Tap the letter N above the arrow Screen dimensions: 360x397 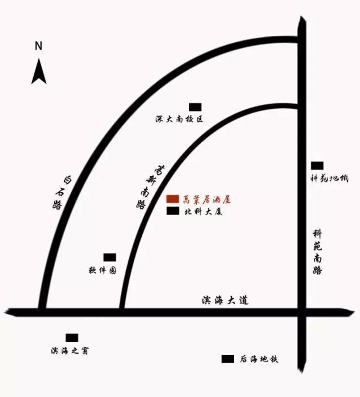(x=38, y=46)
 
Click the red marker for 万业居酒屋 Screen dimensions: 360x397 (x=173, y=199)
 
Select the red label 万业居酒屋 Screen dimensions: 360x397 (x=207, y=199)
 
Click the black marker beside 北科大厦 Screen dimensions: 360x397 (x=173, y=212)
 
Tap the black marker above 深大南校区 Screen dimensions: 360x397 (x=195, y=106)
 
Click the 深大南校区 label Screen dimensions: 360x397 (x=179, y=119)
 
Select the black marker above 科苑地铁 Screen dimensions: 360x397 (x=317, y=165)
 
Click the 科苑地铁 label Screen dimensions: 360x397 (x=330, y=179)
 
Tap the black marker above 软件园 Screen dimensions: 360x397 (x=110, y=257)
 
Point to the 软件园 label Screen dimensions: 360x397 (x=102, y=270)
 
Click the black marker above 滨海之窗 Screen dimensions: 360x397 (x=72, y=338)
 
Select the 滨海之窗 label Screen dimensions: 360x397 (x=69, y=351)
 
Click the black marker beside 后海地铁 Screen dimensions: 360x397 (x=228, y=359)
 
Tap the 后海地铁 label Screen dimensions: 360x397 (x=259, y=359)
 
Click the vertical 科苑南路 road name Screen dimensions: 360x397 (x=318, y=252)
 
